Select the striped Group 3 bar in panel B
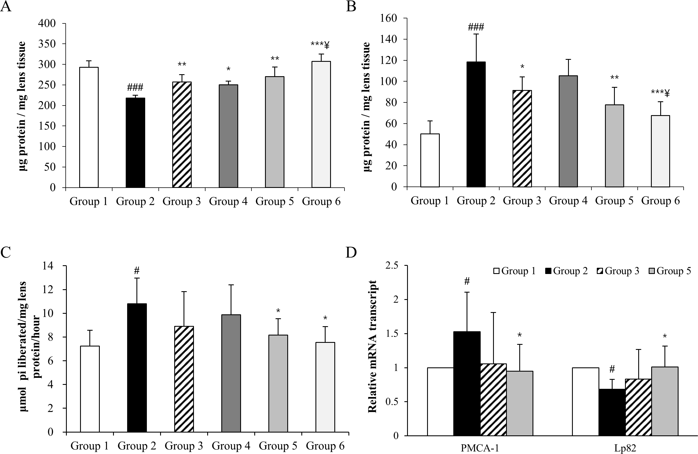pyautogui.click(x=522, y=139)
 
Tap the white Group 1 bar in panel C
pyautogui.click(x=90, y=389)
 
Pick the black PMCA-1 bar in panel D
pyautogui.click(x=467, y=383)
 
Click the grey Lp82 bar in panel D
pyautogui.click(x=664, y=401)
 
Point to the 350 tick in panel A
pyautogui.click(x=47, y=44)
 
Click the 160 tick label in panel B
pyautogui.click(x=388, y=18)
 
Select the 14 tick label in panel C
pyautogui.click(x=48, y=266)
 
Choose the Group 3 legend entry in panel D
pyautogui.click(x=618, y=271)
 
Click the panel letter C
pyautogui.click(x=6, y=252)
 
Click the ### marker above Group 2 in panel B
pyautogui.click(x=476, y=27)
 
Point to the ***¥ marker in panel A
pyautogui.click(x=320, y=45)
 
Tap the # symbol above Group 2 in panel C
pyautogui.click(x=137, y=271)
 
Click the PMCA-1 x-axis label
pyautogui.click(x=480, y=448)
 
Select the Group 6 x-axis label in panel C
pyautogui.click(x=325, y=446)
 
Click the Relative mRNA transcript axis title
pyautogui.click(x=372, y=346)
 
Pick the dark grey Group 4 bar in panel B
pyautogui.click(x=568, y=131)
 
